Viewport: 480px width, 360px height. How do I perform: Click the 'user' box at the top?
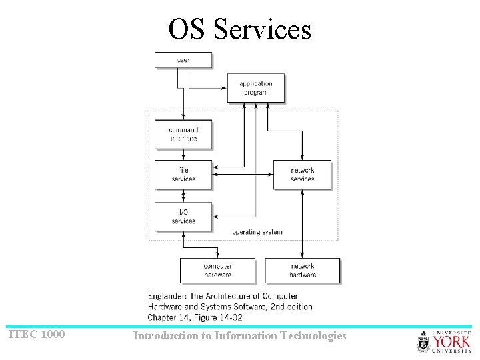click(183, 60)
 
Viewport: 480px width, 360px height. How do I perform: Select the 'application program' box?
click(256, 88)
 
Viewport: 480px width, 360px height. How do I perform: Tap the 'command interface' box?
click(183, 134)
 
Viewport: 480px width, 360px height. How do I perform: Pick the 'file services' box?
click(183, 175)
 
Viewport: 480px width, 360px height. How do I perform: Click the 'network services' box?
click(302, 175)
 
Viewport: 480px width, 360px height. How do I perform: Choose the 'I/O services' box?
click(183, 217)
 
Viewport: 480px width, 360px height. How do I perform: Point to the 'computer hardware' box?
click(217, 271)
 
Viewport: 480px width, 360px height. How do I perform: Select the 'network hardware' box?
click(303, 271)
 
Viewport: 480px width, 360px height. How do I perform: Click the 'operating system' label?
click(257, 232)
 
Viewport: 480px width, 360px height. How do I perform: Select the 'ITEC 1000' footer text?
click(37, 334)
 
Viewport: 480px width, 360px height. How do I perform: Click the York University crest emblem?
click(423, 342)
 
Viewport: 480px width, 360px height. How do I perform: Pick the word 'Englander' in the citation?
click(168, 295)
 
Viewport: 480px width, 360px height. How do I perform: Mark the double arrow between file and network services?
click(243, 175)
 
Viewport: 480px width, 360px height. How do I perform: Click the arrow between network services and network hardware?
click(303, 223)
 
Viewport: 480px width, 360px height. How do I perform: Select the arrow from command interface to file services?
click(183, 155)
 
